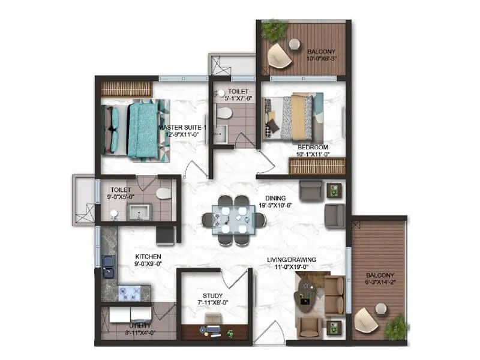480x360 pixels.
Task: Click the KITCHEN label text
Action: pos(148,256)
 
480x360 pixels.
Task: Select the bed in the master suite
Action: pos(136,129)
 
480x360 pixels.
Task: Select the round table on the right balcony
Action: pos(380,309)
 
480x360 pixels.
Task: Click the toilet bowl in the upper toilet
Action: pos(224,113)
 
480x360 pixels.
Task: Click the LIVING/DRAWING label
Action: pos(292,260)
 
